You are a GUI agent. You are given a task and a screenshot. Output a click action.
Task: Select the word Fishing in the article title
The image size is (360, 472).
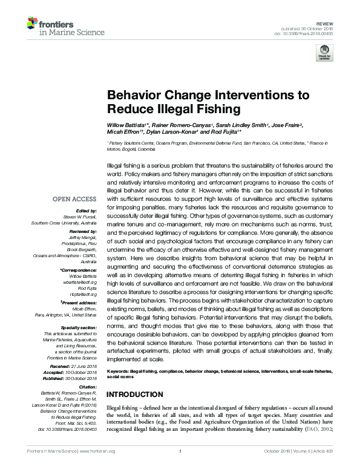(201, 109)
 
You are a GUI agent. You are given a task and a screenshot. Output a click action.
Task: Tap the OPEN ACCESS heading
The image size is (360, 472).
(74, 198)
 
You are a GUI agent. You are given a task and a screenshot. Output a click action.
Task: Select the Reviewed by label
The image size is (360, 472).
(83, 232)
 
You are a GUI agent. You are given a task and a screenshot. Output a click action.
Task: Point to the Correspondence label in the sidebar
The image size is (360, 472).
(79, 270)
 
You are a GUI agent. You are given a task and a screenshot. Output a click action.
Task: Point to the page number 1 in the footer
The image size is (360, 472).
(180, 466)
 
